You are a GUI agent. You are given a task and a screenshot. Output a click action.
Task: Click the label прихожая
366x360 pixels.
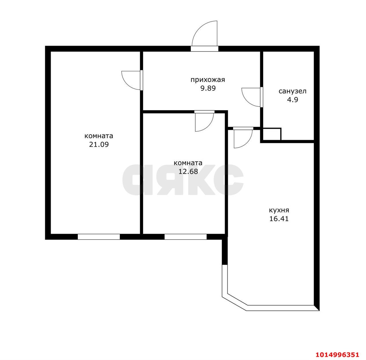208,80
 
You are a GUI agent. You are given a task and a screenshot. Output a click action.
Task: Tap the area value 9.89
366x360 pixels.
208,88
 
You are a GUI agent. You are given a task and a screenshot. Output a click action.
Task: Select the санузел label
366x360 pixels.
292,91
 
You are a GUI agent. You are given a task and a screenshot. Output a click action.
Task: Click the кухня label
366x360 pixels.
279,210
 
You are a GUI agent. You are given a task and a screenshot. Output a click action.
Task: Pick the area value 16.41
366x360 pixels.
279,219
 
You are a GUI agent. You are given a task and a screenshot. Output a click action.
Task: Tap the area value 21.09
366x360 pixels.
99,144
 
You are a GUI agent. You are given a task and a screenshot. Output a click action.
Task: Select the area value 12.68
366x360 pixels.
188,172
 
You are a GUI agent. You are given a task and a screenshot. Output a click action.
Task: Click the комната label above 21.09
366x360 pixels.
99,136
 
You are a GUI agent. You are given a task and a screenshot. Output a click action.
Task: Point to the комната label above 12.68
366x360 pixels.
188,163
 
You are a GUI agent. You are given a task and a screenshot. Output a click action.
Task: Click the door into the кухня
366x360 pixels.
242,138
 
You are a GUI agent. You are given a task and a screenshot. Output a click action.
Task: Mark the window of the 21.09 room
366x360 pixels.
99,237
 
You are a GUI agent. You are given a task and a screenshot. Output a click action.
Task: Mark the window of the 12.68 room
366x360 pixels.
185,237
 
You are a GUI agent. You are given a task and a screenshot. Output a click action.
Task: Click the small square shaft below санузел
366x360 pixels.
272,134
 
